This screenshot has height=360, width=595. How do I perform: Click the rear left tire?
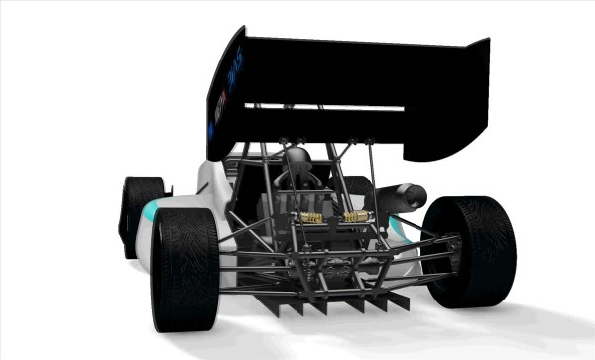[x=184, y=268]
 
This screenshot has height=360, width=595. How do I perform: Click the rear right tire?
[x=472, y=250]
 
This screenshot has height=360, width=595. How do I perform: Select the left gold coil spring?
[x=310, y=215]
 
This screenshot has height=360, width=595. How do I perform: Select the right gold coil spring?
[x=357, y=213]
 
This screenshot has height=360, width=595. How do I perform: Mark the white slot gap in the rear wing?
[x=327, y=107]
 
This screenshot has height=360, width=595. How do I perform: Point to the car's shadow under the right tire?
[x=516, y=317]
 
